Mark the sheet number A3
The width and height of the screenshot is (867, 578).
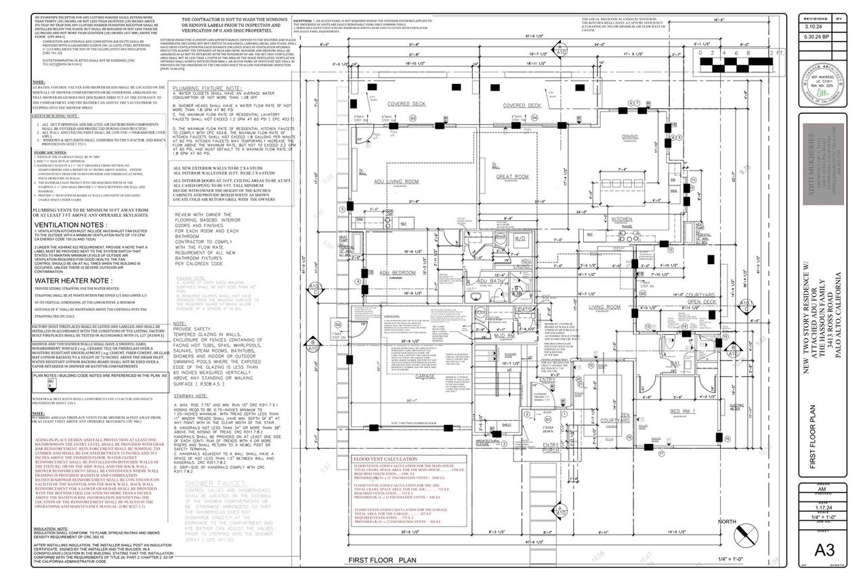click(x=823, y=548)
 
